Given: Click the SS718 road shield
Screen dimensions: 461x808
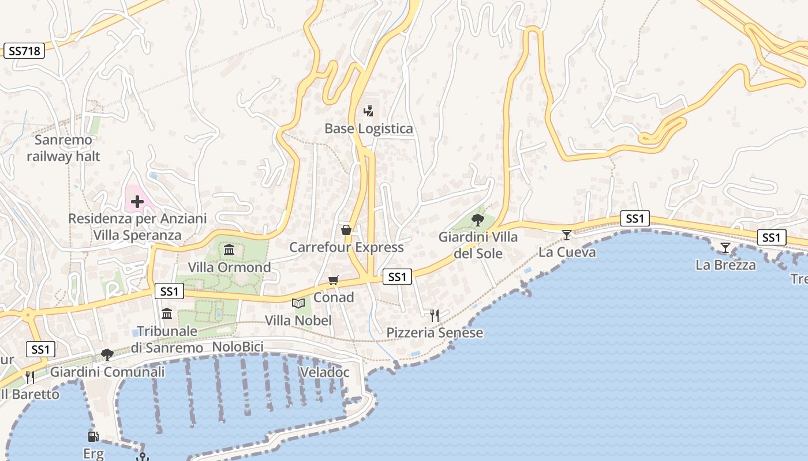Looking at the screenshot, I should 24,51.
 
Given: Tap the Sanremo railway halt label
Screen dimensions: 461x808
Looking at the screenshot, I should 63,148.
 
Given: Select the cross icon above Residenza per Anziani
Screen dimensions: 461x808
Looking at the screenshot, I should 137,202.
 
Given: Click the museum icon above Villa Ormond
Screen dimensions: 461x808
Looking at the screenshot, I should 229,250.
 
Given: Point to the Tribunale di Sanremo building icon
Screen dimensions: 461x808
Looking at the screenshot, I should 167,313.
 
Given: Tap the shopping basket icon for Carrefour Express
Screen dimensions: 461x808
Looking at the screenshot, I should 346,230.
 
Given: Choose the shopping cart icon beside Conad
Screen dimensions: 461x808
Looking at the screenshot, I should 333,281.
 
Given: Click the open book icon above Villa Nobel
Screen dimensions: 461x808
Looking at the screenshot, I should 298,303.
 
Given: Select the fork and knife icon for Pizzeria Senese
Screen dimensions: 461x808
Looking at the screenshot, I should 435,315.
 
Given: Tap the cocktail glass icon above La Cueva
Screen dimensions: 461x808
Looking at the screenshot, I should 567,235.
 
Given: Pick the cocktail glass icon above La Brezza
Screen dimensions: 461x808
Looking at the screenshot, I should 725,248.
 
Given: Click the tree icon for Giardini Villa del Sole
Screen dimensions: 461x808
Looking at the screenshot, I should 477,220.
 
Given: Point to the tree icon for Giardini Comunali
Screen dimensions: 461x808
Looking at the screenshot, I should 107,354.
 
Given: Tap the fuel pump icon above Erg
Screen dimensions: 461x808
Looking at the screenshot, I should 93,436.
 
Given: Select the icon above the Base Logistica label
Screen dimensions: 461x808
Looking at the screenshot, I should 368,111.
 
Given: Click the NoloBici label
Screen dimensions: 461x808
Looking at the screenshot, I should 238,347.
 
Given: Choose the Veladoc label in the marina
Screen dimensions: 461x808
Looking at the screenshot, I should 324,372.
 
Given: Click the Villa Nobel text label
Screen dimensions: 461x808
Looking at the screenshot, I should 298,320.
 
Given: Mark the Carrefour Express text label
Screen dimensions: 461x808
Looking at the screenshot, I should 346,247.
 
